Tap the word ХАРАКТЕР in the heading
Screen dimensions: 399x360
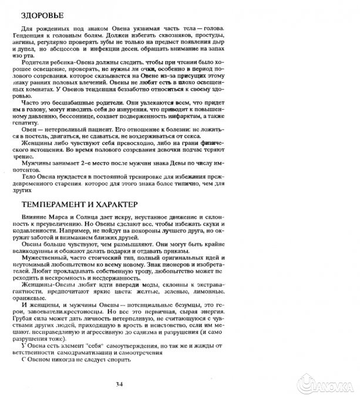coord(113,205)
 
